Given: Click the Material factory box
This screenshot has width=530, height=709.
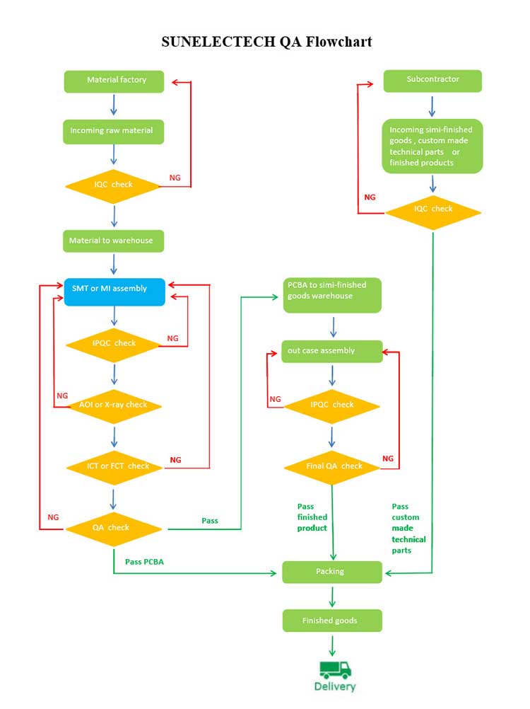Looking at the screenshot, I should pyautogui.click(x=114, y=81).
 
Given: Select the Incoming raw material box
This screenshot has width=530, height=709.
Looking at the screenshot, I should pyautogui.click(x=114, y=131).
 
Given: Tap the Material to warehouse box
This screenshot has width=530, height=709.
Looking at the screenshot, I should pyautogui.click(x=114, y=241).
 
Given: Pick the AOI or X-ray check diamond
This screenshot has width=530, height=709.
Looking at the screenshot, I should pyautogui.click(x=114, y=405).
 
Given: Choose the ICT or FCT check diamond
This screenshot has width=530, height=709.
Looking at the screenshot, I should pyautogui.click(x=114, y=466).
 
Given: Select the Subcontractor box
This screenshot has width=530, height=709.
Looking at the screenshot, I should pyautogui.click(x=432, y=80).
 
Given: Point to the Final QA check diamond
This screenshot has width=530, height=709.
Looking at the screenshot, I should pyautogui.click(x=332, y=466).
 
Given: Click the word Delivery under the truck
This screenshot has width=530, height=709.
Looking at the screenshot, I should pyautogui.click(x=335, y=686).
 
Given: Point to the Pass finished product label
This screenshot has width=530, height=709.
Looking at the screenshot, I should pyautogui.click(x=312, y=517).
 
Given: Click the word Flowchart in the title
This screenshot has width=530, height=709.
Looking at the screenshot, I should pyautogui.click(x=334, y=42).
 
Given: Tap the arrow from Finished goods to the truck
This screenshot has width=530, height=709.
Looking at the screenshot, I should pyautogui.click(x=332, y=645).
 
